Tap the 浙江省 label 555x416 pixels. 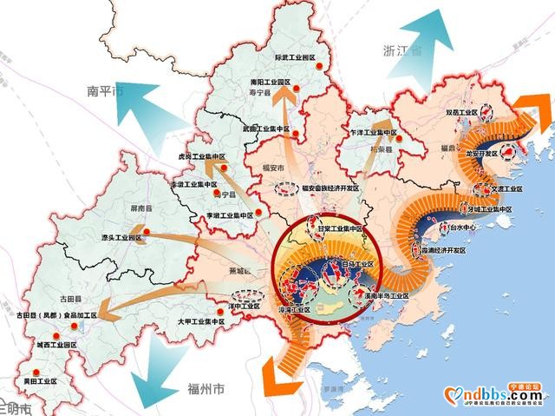point(401,51)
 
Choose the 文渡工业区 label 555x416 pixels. point(502,188)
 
